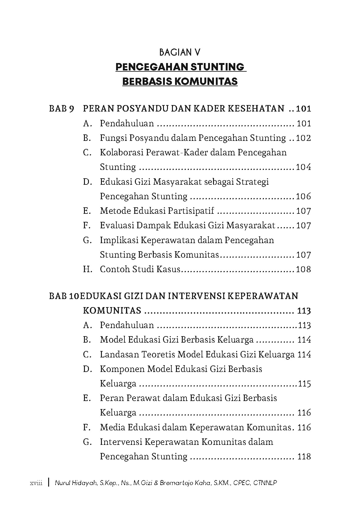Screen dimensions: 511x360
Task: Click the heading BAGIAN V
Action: (180, 53)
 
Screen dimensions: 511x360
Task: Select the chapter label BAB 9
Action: (61, 109)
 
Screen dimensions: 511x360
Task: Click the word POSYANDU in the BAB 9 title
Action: (141, 109)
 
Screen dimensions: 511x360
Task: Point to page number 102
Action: (303, 138)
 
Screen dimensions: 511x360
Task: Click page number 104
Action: (303, 167)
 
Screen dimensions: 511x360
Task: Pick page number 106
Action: (303, 196)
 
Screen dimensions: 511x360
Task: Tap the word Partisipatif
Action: (190, 211)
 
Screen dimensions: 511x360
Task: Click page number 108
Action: (303, 269)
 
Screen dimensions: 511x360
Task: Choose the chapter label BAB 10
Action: (63, 296)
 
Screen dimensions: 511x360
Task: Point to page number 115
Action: (304, 384)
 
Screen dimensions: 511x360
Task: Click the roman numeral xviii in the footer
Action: (36, 483)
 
